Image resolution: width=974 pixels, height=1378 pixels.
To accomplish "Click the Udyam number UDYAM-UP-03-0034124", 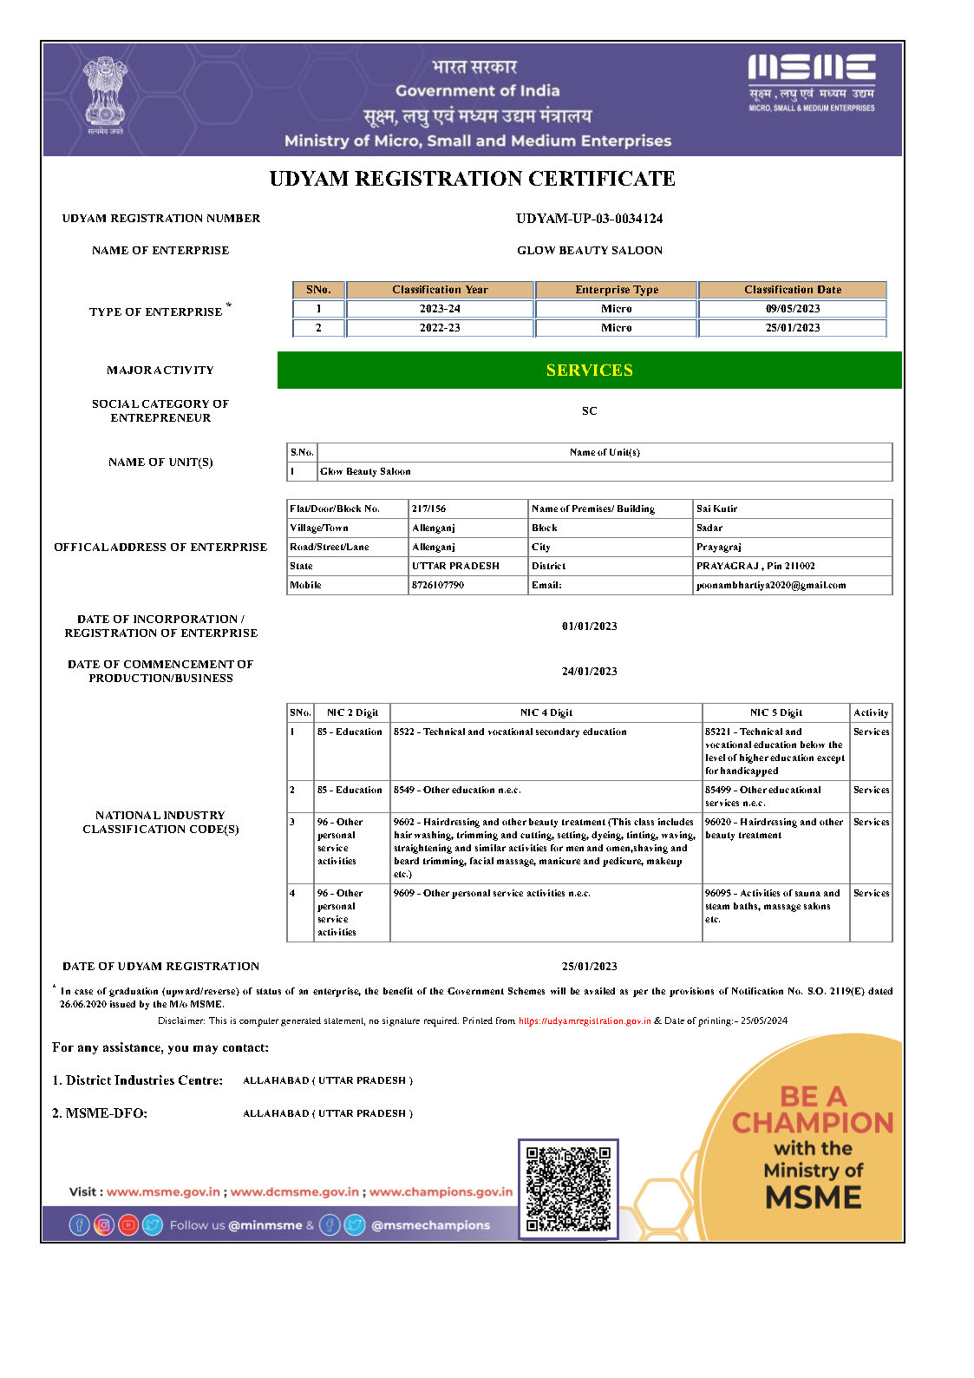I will coord(589,219).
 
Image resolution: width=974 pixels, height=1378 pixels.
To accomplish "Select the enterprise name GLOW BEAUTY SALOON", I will coord(589,251).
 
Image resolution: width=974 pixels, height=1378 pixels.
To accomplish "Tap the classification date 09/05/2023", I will coord(792,309).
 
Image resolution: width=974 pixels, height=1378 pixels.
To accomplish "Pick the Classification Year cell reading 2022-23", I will coord(440,328).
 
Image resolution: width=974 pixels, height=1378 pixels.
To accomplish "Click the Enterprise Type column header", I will coord(617,290).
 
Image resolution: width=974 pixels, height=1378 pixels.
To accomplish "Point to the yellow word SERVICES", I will coord(589,371).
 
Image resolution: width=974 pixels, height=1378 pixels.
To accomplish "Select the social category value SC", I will coord(589,411).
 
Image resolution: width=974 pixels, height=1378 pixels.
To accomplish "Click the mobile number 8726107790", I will coord(438,586).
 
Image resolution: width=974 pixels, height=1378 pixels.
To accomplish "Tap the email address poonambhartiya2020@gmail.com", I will coord(771,586).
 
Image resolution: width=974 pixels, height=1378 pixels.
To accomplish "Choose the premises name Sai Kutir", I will coord(716,509).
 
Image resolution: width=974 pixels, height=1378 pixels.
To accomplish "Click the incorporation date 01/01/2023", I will coord(589,627).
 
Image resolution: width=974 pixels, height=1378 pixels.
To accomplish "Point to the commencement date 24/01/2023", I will coord(589,672).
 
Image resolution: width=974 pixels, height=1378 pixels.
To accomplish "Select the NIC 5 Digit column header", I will coord(775,713).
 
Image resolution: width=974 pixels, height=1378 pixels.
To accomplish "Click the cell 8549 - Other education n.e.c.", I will coord(457,791).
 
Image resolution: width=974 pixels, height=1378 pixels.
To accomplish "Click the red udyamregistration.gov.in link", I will coord(585,1021).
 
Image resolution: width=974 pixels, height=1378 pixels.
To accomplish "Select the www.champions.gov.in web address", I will coord(441,1192).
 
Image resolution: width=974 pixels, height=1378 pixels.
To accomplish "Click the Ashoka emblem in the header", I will coord(105,94).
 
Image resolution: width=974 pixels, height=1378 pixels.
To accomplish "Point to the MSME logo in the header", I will coord(811,82).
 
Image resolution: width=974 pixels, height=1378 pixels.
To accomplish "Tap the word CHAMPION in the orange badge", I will coord(813,1123).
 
